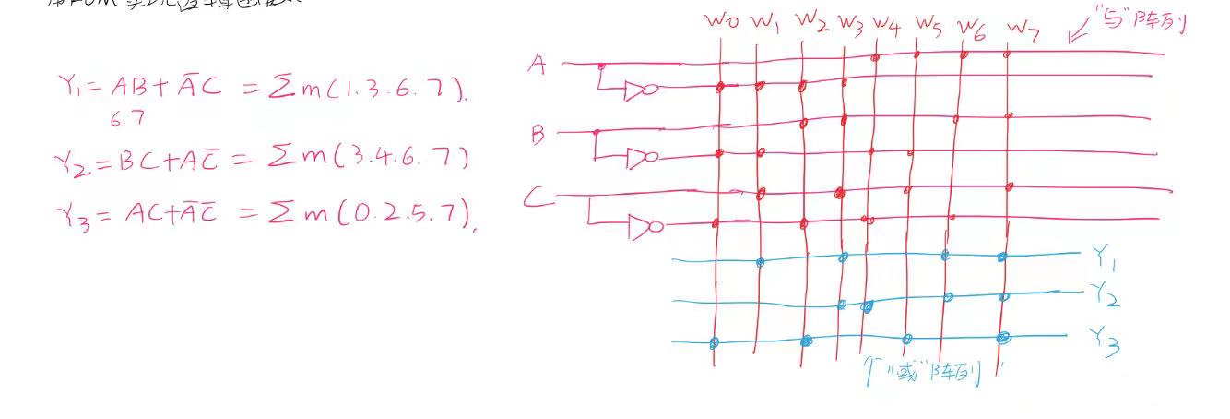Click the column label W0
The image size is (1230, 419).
pos(722,20)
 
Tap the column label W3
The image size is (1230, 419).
pos(850,23)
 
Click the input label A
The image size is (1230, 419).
pos(538,65)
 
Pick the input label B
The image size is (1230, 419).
pos(538,136)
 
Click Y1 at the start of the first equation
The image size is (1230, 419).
pos(75,88)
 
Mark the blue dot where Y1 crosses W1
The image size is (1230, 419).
pos(760,262)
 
